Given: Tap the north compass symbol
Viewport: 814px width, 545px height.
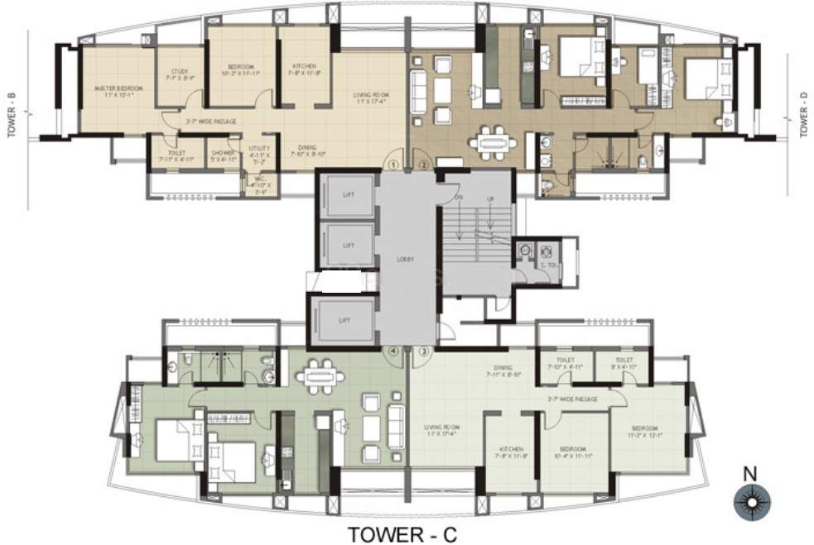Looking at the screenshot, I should [x=751, y=500].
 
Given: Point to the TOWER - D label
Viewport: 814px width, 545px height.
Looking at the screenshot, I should [x=802, y=114].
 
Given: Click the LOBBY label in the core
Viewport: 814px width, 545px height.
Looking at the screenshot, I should [x=405, y=259].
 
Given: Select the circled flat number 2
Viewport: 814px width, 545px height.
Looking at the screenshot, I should [x=422, y=164].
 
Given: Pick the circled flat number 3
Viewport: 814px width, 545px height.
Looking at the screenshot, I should [x=423, y=351].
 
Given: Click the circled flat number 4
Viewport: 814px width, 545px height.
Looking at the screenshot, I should [x=394, y=351].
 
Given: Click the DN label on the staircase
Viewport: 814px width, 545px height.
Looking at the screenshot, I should [x=457, y=199].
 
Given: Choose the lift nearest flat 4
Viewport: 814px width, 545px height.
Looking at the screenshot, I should [x=341, y=319].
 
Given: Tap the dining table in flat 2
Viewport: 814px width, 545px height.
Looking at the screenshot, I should [x=492, y=142].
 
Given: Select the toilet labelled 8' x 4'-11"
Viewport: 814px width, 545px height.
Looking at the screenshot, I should [x=624, y=364].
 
